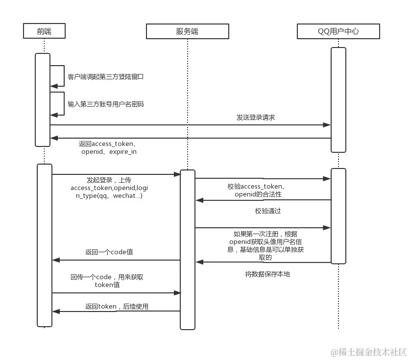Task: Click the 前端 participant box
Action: tap(44, 32)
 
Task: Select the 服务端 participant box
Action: tap(187, 32)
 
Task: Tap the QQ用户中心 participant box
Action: tap(338, 32)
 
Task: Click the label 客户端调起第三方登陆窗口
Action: tap(105, 77)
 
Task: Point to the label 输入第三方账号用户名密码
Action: tap(105, 104)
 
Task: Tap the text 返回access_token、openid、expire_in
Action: tap(108, 148)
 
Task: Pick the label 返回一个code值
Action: tap(109, 252)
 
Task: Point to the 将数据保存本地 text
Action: tap(267, 274)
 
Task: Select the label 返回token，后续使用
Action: tap(117, 307)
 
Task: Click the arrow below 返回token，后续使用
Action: tap(116, 311)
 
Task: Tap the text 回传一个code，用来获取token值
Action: tap(107, 281)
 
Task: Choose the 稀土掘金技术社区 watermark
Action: tap(368, 352)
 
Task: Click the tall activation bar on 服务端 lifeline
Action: tap(188, 249)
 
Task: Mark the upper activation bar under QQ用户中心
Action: tap(338, 99)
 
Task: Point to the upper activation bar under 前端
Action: tap(43, 99)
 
